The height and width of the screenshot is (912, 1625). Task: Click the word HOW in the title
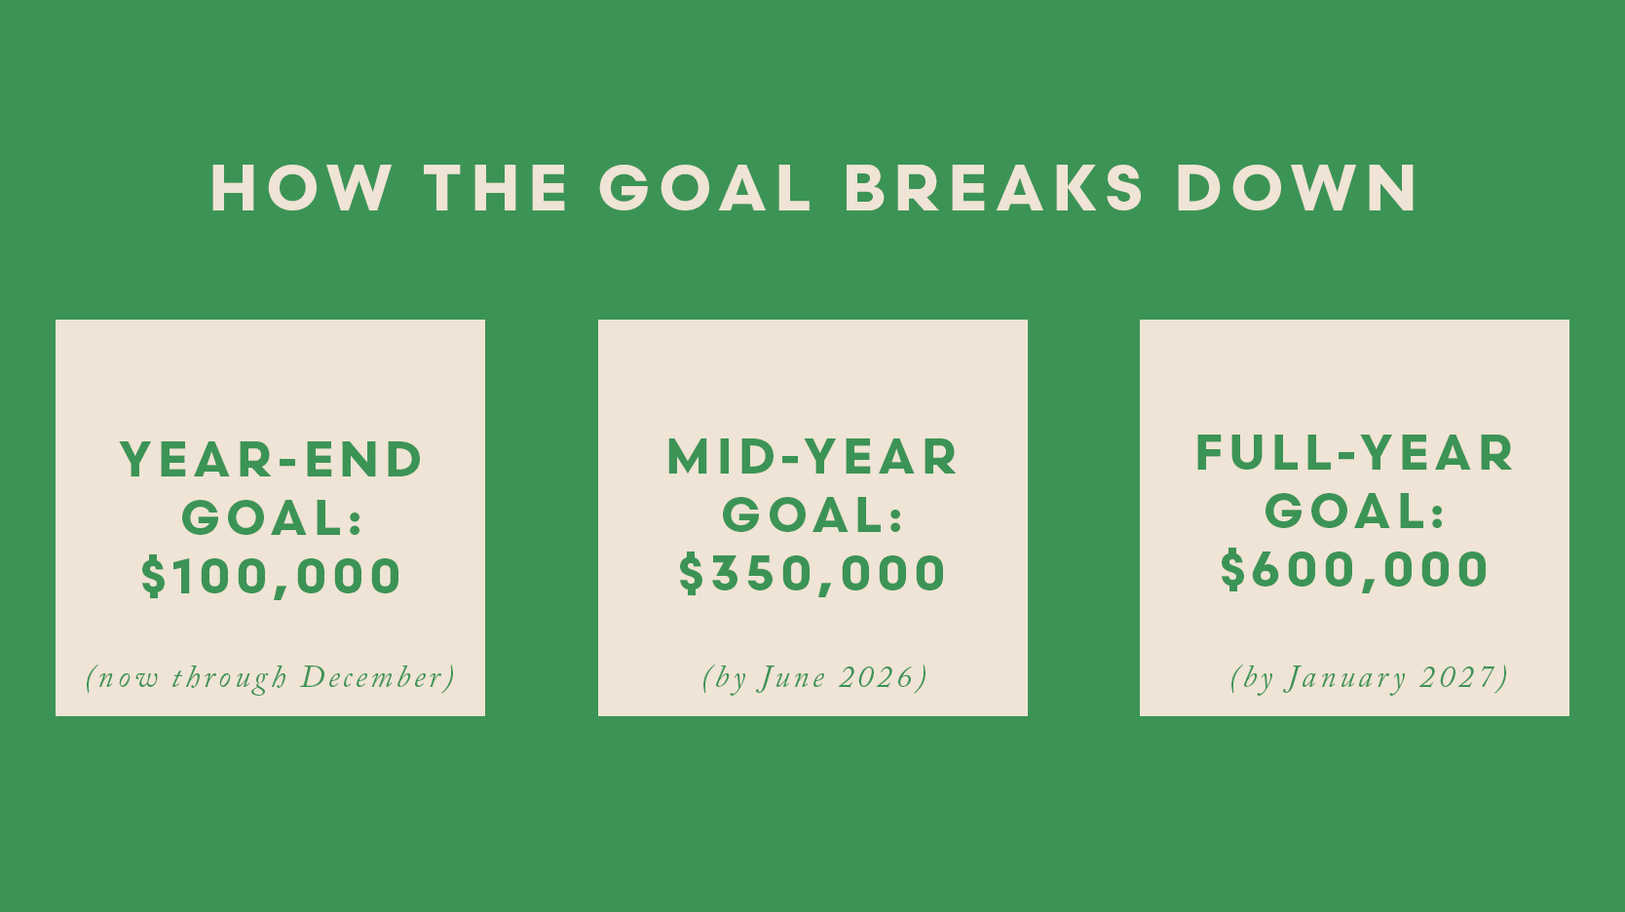[x=301, y=188]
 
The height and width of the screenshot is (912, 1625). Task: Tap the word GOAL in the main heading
[x=704, y=188]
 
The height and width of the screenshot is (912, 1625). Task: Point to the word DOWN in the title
[x=1297, y=188]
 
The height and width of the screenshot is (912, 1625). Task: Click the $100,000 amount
[x=271, y=577]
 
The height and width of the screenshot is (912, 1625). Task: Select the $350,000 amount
[x=812, y=573]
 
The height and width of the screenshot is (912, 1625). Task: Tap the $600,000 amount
[x=1354, y=570]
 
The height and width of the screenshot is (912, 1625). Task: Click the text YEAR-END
[x=271, y=459]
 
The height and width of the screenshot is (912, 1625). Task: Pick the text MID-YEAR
[x=812, y=456]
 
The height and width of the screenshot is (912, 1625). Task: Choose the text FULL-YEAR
[x=1354, y=453]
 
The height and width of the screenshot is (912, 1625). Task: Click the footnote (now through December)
[x=271, y=677]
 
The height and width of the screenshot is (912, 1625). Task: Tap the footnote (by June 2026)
[x=814, y=677]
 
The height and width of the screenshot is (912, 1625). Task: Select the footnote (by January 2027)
[x=1370, y=677]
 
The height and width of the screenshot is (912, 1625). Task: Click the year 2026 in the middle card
[x=877, y=677]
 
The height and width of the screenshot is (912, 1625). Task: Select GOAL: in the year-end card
[x=271, y=517]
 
